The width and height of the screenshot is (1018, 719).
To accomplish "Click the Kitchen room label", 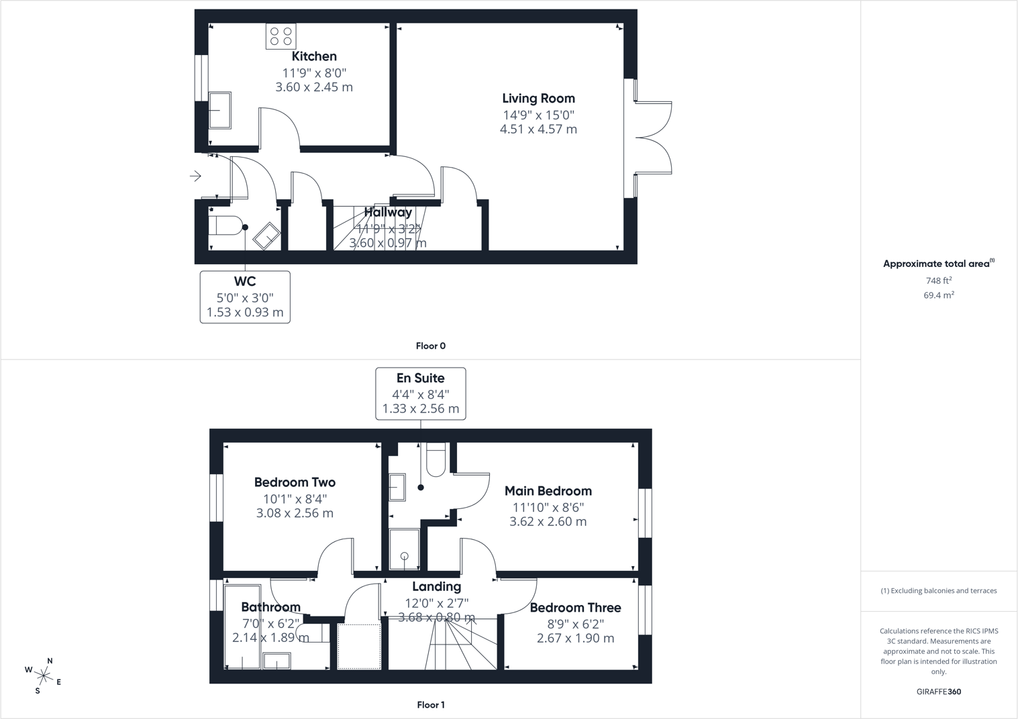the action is pos(314,56).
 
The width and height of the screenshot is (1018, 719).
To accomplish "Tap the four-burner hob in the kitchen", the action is pos(281,36).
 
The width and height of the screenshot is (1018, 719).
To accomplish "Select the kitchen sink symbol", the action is pos(220,111).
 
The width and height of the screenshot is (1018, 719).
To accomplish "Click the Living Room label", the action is pos(539,99).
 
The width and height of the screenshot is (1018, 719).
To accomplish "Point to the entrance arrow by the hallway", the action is pos(195,176).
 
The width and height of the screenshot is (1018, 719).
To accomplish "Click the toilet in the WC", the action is pos(226,226).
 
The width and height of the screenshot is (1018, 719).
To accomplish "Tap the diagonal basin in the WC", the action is pos(267,235).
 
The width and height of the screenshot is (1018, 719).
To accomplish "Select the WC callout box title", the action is pos(245,282).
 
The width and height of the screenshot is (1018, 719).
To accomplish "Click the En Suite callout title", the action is pos(420,378).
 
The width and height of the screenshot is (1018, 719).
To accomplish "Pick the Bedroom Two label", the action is pos(295,482).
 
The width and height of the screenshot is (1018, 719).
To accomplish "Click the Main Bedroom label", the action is pos(548,491).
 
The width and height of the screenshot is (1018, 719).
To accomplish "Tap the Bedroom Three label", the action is pos(575,608).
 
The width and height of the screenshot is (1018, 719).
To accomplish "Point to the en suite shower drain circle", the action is pos(405,556).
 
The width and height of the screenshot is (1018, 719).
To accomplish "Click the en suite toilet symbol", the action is pos(436,459).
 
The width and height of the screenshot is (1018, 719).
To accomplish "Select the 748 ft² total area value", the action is pos(939,280).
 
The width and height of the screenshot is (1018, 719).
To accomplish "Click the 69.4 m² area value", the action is pos(939,294).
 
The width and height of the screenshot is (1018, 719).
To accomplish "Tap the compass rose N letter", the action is pos(50,661).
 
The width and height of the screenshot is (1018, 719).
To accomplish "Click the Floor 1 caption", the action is pos(431,705).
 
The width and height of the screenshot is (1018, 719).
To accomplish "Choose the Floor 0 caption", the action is pos(431,346).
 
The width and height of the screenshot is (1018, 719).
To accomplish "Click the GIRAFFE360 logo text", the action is pos(939,692).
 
